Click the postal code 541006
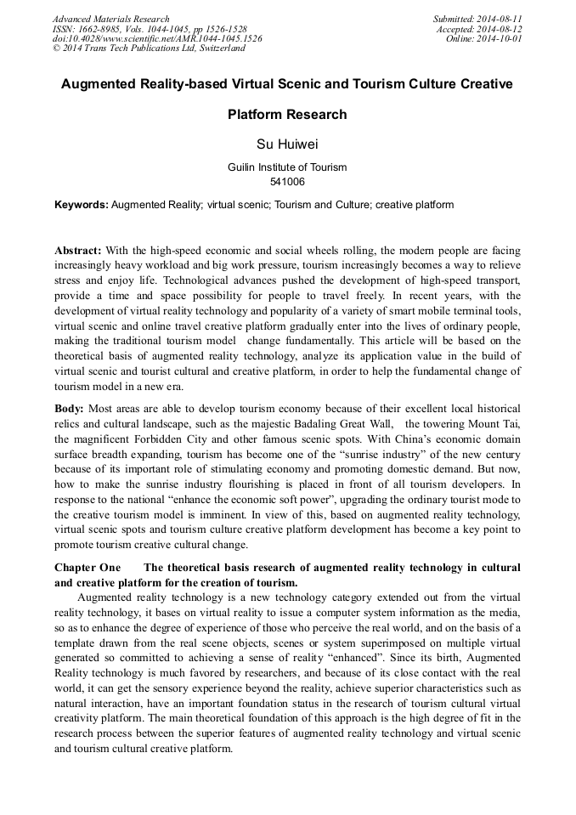287,181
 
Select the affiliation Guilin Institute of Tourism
287,167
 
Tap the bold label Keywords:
82,205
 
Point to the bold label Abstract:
78,251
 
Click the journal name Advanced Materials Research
111,19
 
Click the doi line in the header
157,39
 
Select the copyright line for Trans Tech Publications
149,48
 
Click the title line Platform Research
287,114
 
